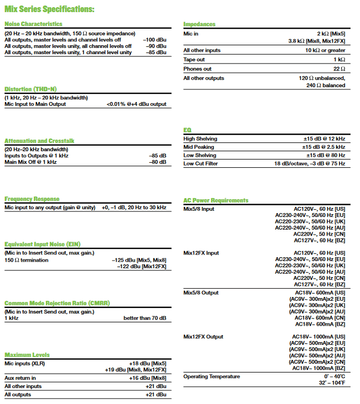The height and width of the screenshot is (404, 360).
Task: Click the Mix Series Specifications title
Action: click(49, 9)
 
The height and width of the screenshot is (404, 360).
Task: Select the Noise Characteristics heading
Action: click(33, 24)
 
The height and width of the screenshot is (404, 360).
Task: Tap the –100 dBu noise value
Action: click(155, 40)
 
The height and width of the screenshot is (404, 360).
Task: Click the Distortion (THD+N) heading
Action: click(30, 89)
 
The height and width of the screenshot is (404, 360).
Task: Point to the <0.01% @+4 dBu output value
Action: click(136, 104)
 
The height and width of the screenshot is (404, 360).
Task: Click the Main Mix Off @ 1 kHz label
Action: click(30, 162)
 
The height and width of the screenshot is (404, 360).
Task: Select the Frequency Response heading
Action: click(32, 199)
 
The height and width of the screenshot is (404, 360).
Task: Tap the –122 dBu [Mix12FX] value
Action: click(142, 267)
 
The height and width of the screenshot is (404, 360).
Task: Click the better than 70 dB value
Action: click(145, 318)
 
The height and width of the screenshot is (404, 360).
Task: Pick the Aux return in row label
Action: click(20, 378)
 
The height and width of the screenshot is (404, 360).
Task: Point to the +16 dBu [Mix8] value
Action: click(147, 378)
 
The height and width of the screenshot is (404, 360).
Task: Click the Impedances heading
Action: click(199, 24)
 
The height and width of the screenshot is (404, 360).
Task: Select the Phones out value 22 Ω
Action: click(339, 69)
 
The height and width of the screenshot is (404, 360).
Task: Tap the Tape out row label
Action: click(194, 60)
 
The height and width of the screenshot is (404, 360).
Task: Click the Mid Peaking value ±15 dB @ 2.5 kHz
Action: click(324, 147)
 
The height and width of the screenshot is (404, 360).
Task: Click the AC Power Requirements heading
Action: click(216, 200)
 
